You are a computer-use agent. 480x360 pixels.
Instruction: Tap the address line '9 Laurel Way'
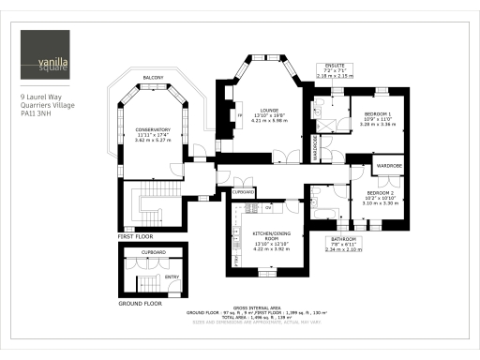(41, 97)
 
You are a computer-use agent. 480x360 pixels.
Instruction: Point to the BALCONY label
(154, 77)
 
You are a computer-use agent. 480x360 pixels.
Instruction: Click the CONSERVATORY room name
(153, 129)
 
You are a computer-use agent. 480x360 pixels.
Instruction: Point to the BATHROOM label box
(342, 244)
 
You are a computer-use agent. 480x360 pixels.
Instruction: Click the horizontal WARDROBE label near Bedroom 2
(388, 166)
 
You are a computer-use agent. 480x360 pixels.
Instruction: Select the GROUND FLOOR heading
(140, 304)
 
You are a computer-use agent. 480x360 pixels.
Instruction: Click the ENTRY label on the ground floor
(172, 277)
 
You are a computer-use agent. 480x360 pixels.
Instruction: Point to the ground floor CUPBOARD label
(154, 253)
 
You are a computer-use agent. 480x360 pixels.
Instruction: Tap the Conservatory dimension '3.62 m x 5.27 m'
(153, 140)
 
